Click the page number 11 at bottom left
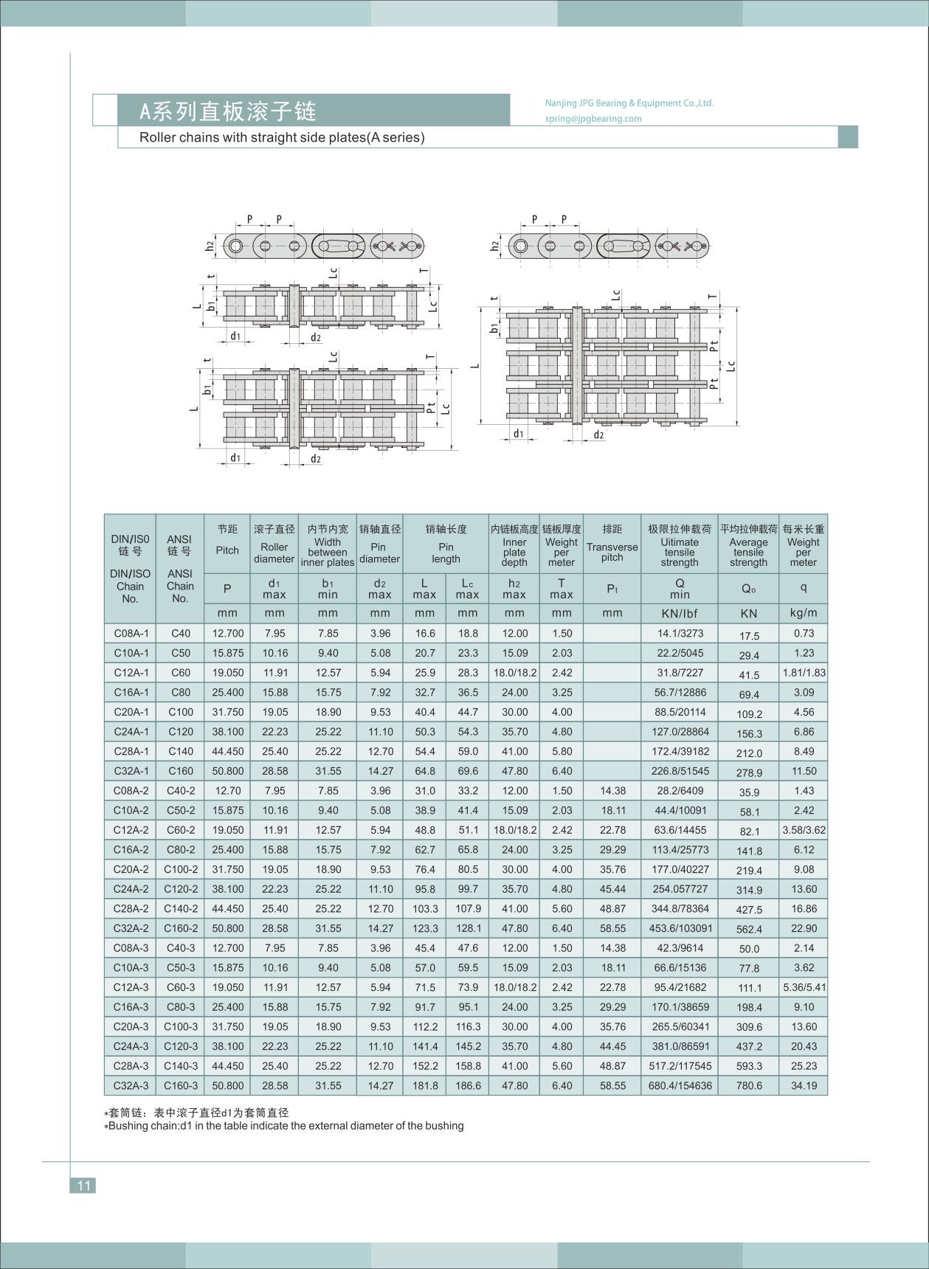[83, 1185]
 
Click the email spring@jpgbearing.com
[593, 118]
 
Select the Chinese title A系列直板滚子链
[228, 111]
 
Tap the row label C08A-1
[131, 633]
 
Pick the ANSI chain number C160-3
[180, 1085]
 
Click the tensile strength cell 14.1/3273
[680, 633]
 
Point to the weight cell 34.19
[804, 1085]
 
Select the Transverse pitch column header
[612, 551]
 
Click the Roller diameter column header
[274, 552]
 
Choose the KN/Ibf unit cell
[680, 613]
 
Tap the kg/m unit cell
[804, 613]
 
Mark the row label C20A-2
[131, 869]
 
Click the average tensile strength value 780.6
[749, 1086]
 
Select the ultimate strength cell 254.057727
[680, 889]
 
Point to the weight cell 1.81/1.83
[804, 673]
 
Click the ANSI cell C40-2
[180, 790]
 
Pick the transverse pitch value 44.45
[612, 1046]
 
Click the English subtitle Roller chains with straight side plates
[282, 137]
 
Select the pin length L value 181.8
[425, 1085]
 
